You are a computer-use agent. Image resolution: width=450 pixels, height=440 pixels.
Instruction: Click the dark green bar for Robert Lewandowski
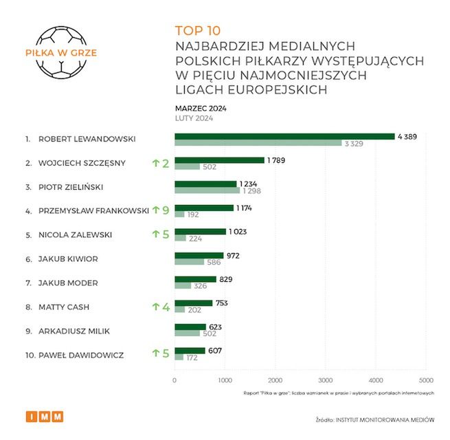tap(284, 136)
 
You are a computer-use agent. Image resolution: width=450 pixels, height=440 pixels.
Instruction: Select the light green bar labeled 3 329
tap(258, 143)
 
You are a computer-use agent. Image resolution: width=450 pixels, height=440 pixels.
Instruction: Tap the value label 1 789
tap(276, 160)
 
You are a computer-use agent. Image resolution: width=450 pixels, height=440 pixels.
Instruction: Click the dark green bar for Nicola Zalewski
tap(200, 232)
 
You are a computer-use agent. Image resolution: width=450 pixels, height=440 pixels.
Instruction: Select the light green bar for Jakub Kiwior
tap(189, 262)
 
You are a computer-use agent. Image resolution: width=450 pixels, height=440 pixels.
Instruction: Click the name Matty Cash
tap(64, 306)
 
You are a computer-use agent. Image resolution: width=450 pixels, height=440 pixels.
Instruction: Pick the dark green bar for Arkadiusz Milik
tap(190, 327)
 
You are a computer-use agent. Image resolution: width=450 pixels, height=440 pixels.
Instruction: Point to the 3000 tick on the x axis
tap(325, 380)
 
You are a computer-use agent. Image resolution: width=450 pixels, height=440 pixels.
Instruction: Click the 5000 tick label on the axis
tap(425, 380)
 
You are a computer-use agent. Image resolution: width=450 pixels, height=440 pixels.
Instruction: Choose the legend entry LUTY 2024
tap(194, 118)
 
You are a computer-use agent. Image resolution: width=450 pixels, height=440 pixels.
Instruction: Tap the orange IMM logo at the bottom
tap(43, 416)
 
